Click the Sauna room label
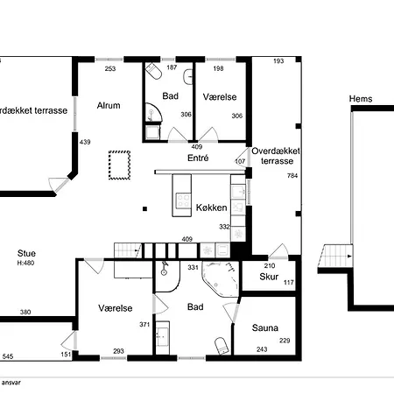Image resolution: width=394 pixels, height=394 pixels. pos(265,327)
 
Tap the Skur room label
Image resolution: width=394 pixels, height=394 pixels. pos(269,277)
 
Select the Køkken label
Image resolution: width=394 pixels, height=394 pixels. pos(211,208)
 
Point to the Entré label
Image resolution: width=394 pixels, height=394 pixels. pos(198,158)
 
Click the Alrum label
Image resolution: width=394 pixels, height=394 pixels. pos(109,105)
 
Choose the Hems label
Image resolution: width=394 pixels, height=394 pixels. pos(361,99)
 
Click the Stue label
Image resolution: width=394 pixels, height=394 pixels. pos(26,253)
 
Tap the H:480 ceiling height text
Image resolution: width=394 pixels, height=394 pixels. pos(25,263)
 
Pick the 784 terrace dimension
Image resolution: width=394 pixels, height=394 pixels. pos(292,175)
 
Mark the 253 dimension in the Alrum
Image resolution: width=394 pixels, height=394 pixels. pos(110,69)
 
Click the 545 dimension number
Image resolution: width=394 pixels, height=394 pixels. pos(8,356)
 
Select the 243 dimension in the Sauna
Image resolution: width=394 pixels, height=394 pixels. pos(262,349)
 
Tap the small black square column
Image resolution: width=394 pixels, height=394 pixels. pos(144,208)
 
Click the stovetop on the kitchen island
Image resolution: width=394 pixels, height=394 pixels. pos(183,201)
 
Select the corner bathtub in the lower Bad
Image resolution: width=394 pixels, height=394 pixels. pos(221,279)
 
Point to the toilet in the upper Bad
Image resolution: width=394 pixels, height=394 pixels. pos(154,70)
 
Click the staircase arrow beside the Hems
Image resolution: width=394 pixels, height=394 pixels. pos(348,257)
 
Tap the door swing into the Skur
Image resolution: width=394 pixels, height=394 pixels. pos(279,251)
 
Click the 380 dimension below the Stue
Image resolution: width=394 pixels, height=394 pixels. pos(25,312)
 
